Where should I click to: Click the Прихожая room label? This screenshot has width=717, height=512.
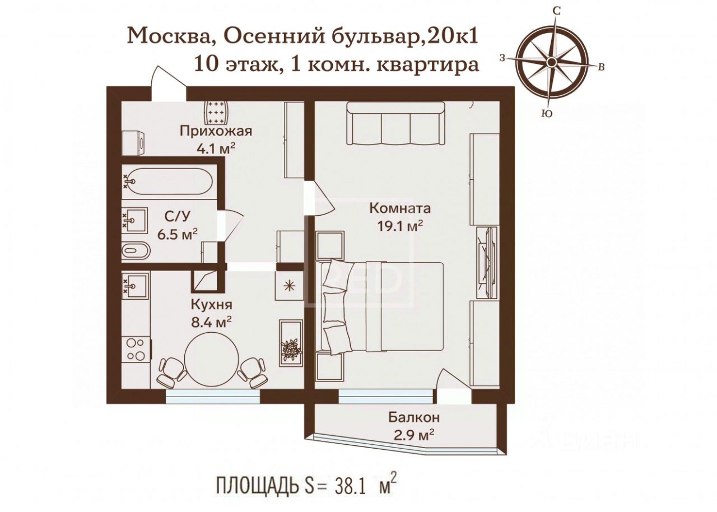(216, 131)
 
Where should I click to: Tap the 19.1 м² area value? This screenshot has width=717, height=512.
(401, 226)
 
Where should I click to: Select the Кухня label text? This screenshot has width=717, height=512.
(212, 305)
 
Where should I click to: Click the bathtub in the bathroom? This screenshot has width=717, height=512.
(167, 181)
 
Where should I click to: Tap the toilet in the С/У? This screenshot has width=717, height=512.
(136, 250)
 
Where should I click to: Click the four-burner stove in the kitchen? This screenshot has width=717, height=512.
(136, 350)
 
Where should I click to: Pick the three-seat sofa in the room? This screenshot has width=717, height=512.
(396, 124)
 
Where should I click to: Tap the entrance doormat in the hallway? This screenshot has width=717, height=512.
(217, 113)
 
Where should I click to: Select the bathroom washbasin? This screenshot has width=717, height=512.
(135, 220)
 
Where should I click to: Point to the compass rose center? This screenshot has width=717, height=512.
(551, 62)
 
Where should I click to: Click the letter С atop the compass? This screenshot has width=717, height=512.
(557, 11)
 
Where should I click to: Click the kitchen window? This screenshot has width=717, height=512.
(212, 396)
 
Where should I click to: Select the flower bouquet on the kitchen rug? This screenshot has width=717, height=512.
(291, 350)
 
